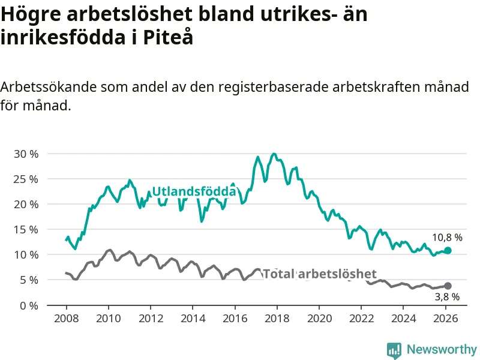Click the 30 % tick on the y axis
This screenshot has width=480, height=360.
pos(25,154)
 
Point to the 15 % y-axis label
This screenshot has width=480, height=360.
pos(25,229)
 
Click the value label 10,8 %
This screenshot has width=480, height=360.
pos(447,238)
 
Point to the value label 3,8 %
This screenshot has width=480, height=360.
pos(447,296)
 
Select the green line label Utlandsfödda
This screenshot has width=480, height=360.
pos(194,191)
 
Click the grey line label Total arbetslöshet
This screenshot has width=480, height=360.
pos(320,274)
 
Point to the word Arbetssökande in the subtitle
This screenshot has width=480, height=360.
pos(44,87)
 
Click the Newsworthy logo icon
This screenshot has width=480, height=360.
pos(394,350)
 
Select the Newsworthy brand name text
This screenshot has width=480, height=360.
pos(442,349)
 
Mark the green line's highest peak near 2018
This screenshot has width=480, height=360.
pos(274,154)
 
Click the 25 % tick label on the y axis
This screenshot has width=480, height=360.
pos(25,179)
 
